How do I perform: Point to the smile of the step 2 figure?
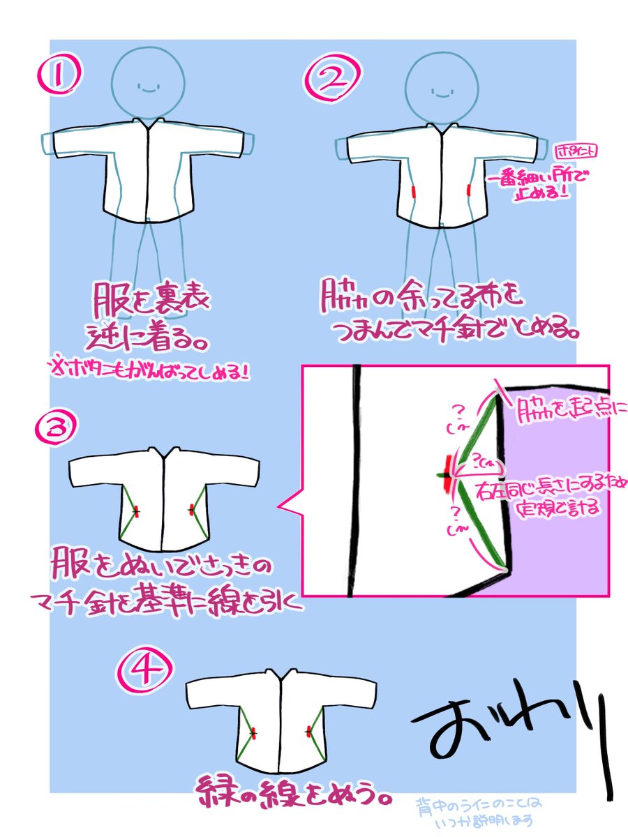[441, 91]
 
